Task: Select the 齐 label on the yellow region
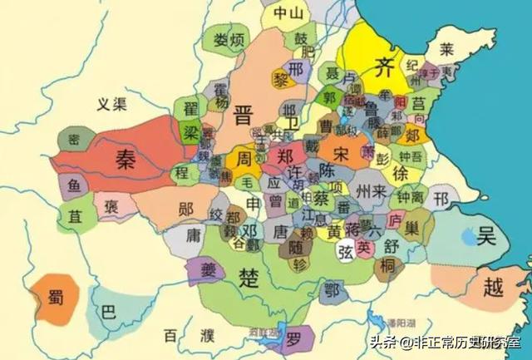click(383, 65)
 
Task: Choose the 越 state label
click(494, 288)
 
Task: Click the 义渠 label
click(111, 105)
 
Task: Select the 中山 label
click(283, 14)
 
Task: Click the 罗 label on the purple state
click(294, 339)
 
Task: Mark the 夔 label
click(207, 268)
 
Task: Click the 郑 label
click(285, 155)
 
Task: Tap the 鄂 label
click(333, 289)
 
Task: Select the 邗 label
click(441, 199)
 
